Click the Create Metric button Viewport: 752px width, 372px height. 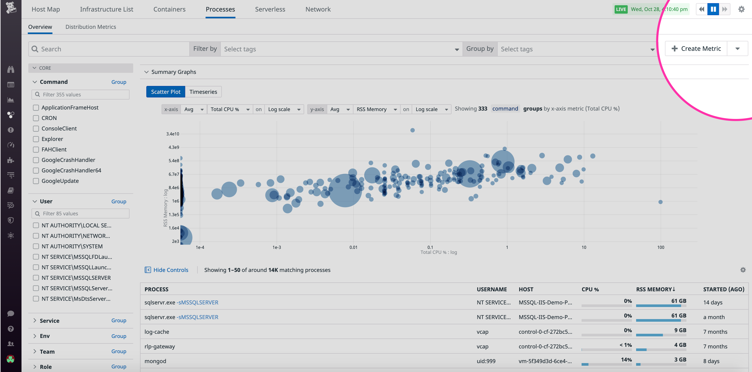click(696, 49)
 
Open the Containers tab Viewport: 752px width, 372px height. click(169, 9)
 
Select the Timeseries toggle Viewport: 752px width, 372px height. click(203, 92)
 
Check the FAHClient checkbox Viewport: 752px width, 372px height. click(36, 149)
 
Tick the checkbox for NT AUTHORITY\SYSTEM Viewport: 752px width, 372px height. click(36, 246)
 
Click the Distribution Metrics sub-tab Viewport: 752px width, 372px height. click(90, 27)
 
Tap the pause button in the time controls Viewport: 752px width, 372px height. click(713, 9)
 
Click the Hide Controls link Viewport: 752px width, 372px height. click(170, 270)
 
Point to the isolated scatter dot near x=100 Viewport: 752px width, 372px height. click(660, 202)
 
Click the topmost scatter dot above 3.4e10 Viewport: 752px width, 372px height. click(412, 130)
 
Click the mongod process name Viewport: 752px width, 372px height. click(155, 361)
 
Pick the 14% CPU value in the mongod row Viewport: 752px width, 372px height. click(626, 359)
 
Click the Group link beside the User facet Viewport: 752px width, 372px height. click(119, 201)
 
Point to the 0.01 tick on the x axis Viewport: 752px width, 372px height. click(353, 247)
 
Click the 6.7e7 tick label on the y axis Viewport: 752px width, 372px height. click(174, 174)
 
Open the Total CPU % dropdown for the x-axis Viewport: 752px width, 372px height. click(230, 109)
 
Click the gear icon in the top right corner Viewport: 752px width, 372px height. click(741, 9)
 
